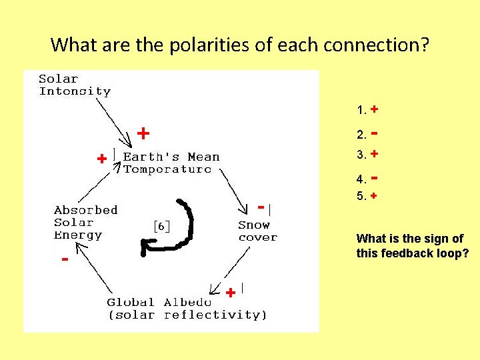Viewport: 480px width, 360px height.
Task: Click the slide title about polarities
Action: (240, 45)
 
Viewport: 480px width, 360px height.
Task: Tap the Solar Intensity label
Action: (75, 85)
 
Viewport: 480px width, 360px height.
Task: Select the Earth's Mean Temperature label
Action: (171, 163)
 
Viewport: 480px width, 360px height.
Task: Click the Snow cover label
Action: (257, 231)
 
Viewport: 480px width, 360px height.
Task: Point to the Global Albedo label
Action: (187, 309)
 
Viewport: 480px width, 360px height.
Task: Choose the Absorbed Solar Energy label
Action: (85, 222)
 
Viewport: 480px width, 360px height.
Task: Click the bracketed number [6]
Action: (161, 226)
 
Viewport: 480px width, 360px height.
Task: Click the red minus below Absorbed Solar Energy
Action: (64, 259)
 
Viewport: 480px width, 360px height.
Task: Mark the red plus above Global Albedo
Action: (230, 293)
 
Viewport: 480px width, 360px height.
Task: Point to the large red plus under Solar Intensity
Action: (143, 133)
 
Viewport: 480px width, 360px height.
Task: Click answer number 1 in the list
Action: (367, 109)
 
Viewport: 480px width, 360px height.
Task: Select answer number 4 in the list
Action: (367, 179)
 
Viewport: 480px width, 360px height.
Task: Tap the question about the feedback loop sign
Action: (410, 246)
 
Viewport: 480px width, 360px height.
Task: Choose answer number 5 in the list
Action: (367, 197)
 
